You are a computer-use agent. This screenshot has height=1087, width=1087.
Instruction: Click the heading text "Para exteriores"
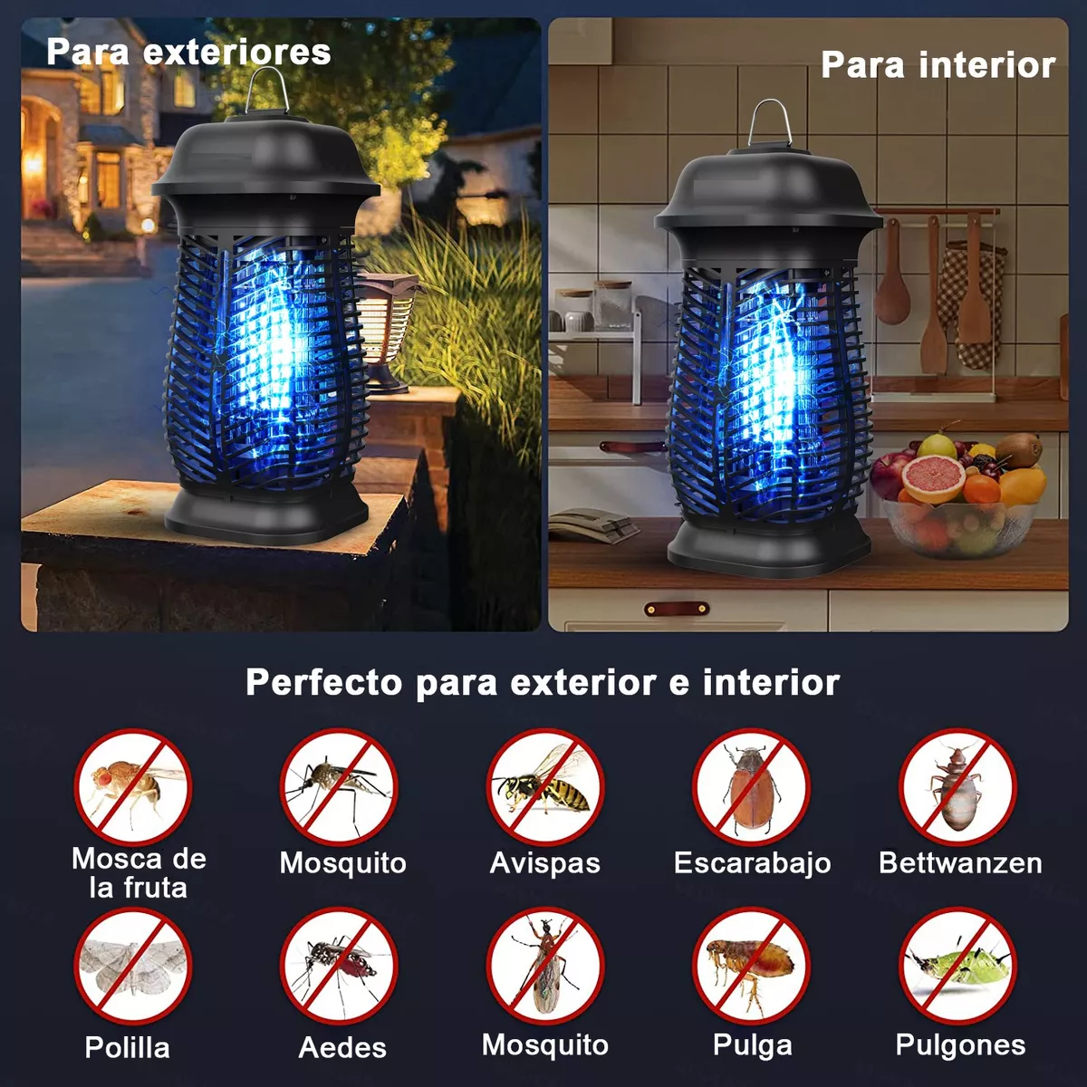click(188, 52)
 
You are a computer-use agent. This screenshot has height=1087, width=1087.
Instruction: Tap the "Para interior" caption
click(938, 65)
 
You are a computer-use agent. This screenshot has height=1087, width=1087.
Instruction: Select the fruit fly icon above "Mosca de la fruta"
click(133, 787)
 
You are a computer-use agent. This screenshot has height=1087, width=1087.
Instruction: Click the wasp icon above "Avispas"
click(545, 787)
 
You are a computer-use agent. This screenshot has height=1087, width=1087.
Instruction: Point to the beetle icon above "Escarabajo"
click(751, 787)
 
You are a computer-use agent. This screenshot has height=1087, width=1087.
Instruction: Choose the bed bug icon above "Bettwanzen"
click(957, 787)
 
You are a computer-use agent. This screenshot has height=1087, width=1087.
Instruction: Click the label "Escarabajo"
click(752, 863)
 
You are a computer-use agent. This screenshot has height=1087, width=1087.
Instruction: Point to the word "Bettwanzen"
click(960, 863)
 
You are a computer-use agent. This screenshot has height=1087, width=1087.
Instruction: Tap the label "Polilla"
click(127, 1048)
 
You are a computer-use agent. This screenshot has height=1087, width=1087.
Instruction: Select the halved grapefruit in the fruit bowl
click(932, 477)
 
